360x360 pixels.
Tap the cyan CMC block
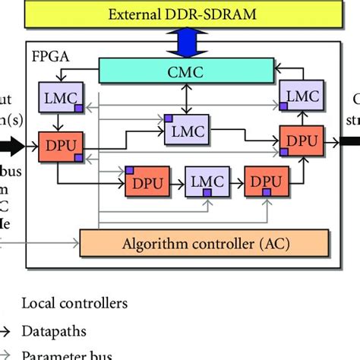click(x=186, y=71)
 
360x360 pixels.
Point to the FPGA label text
click(x=50, y=55)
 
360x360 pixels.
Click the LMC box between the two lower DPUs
click(x=206, y=182)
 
